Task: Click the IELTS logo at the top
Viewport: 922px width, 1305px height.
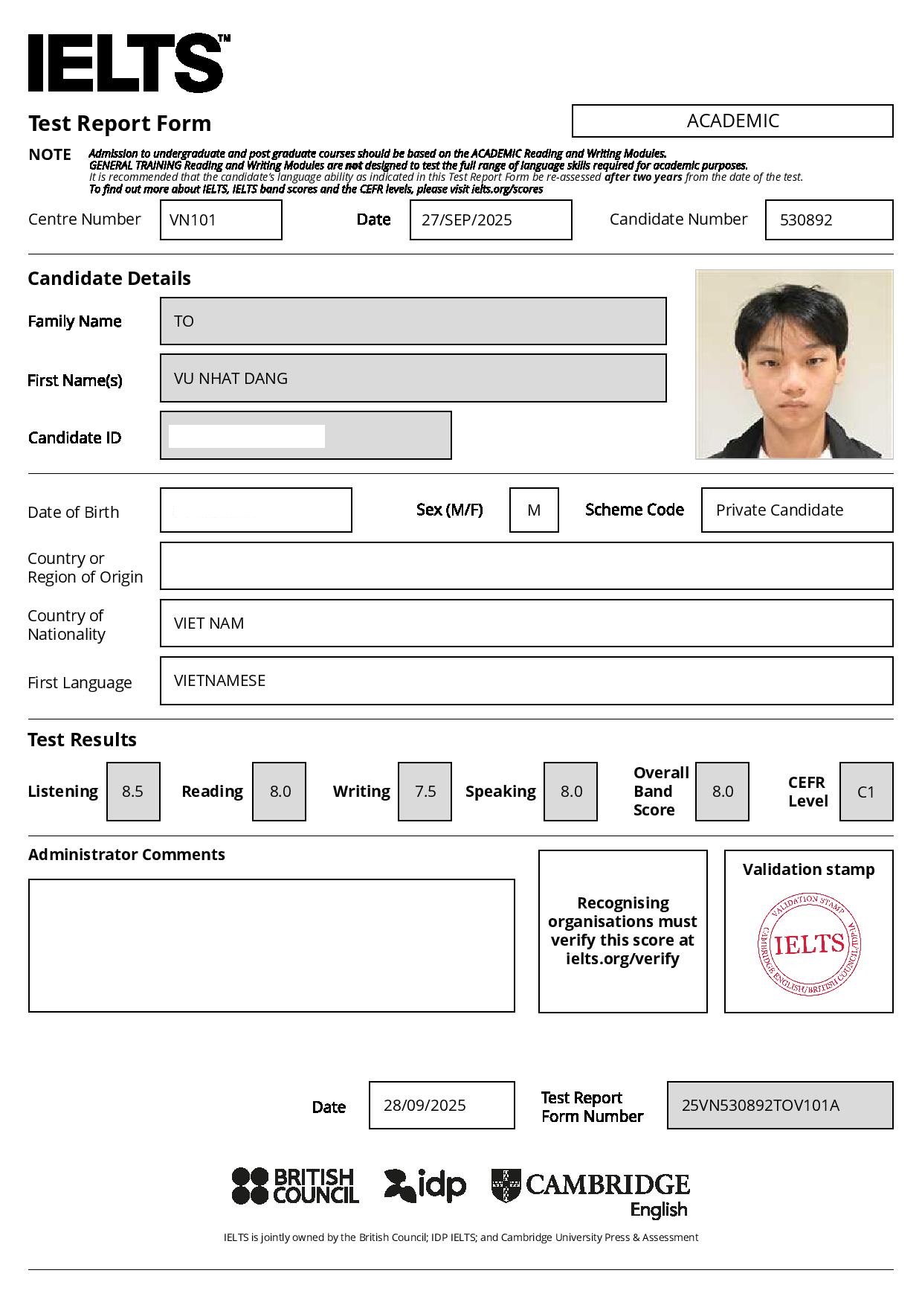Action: pyautogui.click(x=126, y=62)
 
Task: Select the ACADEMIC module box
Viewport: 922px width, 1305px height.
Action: pyautogui.click(x=732, y=121)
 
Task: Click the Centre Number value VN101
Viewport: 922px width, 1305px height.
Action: pyautogui.click(x=193, y=219)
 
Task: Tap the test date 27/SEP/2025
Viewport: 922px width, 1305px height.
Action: pyautogui.click(x=466, y=219)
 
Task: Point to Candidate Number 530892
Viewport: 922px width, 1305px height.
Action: pyautogui.click(x=806, y=219)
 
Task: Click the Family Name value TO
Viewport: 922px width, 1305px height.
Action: pyautogui.click(x=184, y=321)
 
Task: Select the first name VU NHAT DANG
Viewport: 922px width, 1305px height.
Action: pyautogui.click(x=230, y=378)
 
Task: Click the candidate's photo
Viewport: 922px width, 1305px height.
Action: pyautogui.click(x=794, y=364)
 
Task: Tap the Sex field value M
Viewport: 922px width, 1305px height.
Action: pyautogui.click(x=534, y=510)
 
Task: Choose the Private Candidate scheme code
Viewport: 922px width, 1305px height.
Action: pyautogui.click(x=779, y=510)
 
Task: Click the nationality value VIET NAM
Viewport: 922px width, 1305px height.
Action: pyautogui.click(x=209, y=623)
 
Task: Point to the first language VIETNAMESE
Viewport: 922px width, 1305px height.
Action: pyautogui.click(x=219, y=681)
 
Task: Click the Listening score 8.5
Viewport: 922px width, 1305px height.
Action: pyautogui.click(x=133, y=792)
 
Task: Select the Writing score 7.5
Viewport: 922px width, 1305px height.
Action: pyautogui.click(x=425, y=792)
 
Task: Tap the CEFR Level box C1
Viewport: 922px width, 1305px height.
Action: pyautogui.click(x=866, y=792)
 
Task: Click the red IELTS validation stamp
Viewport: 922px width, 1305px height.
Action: pyautogui.click(x=809, y=945)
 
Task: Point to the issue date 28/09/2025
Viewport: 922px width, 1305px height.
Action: pyautogui.click(x=425, y=1106)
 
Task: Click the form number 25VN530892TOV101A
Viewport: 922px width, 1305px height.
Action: pyautogui.click(x=761, y=1106)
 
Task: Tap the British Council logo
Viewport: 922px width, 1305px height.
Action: pyautogui.click(x=295, y=1186)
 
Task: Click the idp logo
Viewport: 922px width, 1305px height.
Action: pyautogui.click(x=425, y=1186)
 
